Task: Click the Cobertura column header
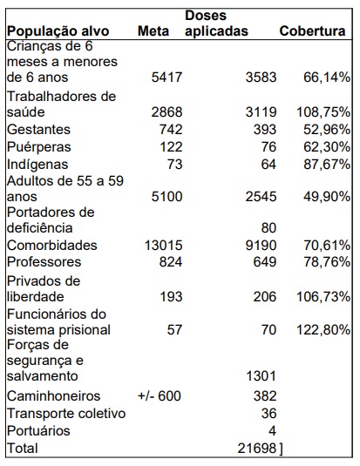click(x=312, y=31)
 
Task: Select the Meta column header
click(x=153, y=31)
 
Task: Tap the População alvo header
click(x=58, y=31)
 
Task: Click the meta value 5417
click(x=166, y=78)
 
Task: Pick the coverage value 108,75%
click(x=323, y=112)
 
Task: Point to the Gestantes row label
click(x=38, y=130)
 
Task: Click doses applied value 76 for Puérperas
click(x=268, y=147)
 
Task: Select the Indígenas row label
click(x=37, y=165)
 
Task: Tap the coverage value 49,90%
click(x=327, y=197)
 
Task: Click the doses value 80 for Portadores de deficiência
click(x=268, y=228)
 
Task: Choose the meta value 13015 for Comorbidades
click(x=163, y=246)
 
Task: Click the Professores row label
click(x=44, y=262)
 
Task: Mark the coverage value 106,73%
click(x=323, y=297)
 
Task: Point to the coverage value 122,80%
click(x=323, y=330)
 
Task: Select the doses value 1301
click(x=262, y=376)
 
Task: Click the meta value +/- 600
click(x=160, y=395)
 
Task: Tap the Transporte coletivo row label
click(x=66, y=414)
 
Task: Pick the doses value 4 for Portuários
click(x=272, y=430)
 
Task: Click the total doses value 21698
click(x=257, y=449)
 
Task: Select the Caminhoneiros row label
click(x=53, y=395)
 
